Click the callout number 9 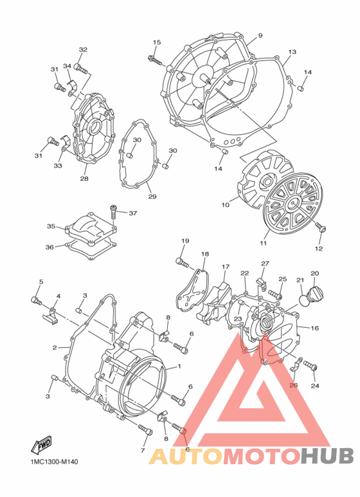tap(260, 35)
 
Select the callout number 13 tap(292, 52)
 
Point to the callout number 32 tap(83, 50)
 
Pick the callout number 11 tap(263, 244)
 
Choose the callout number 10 tap(226, 206)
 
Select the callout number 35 tap(51, 226)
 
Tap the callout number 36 tap(50, 247)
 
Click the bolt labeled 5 tap(36, 300)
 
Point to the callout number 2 tap(55, 348)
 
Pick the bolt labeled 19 tap(181, 261)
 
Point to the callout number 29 tap(151, 196)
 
